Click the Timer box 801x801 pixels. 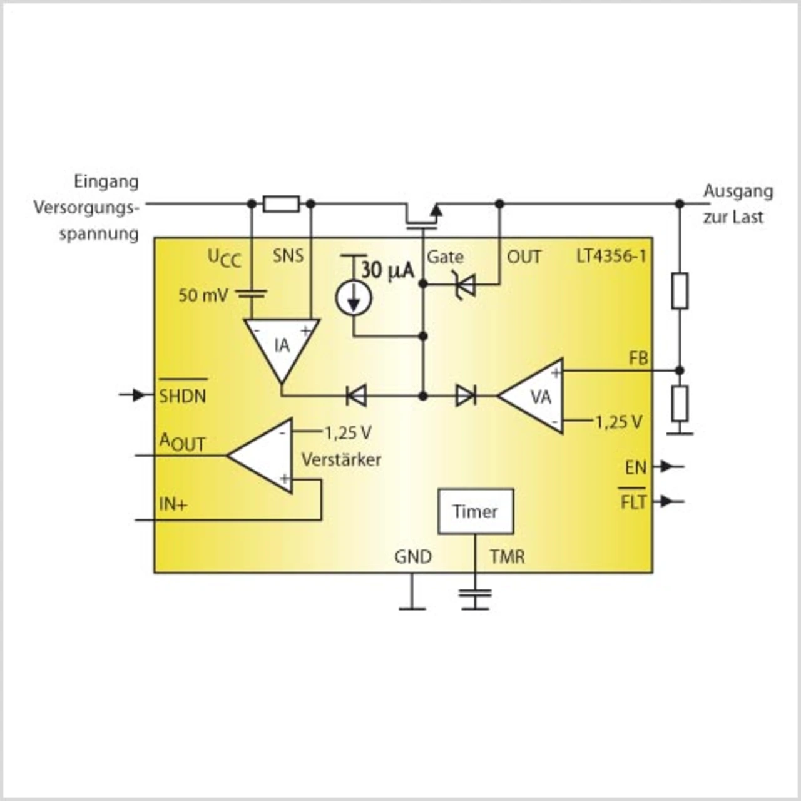[476, 511]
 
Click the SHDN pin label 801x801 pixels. [182, 395]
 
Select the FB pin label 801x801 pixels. [638, 359]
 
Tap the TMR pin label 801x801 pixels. [507, 556]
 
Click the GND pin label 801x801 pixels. [413, 556]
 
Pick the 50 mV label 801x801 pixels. [203, 295]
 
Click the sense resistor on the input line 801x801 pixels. [281, 204]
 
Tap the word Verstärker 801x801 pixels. [341, 459]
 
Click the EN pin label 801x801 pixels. [635, 467]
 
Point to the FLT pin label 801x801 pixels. [633, 502]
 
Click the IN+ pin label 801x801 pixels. [173, 504]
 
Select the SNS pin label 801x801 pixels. [288, 255]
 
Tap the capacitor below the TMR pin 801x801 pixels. [475, 598]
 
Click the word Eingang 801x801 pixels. [106, 181]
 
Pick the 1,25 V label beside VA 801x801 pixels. [618, 422]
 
